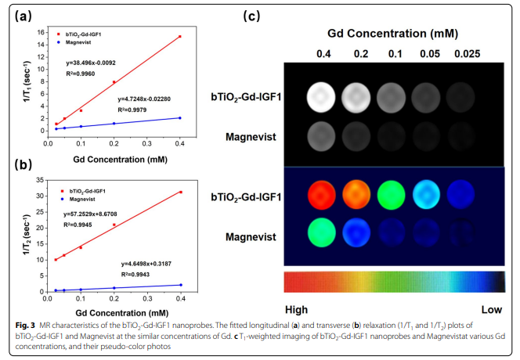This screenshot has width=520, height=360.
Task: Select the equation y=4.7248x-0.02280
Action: [x=147, y=99]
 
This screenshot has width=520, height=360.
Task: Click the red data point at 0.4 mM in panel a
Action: [x=180, y=37]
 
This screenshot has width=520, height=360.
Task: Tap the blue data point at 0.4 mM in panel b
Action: [x=180, y=285]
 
